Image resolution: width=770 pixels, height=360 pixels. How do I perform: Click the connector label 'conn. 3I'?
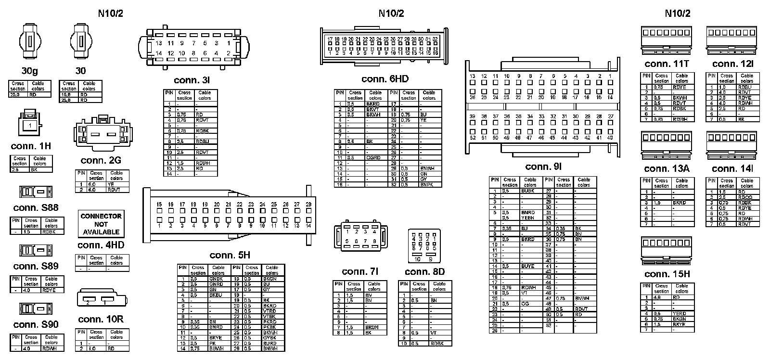click(192, 80)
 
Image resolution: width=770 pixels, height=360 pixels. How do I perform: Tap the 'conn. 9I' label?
click(543, 167)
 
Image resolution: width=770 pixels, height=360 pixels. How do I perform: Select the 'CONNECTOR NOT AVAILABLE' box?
click(101, 224)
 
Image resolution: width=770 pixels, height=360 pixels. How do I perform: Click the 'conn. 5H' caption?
click(230, 255)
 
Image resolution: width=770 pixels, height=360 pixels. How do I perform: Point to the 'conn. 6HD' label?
click(385, 79)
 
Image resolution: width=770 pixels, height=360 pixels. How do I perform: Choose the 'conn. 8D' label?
click(424, 271)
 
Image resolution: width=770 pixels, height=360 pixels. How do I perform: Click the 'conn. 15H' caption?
click(667, 274)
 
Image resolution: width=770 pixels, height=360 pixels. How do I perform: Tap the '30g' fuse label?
click(29, 71)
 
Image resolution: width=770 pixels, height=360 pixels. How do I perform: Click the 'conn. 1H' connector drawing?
click(30, 124)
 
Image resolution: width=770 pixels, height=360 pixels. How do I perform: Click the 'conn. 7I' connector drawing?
click(360, 236)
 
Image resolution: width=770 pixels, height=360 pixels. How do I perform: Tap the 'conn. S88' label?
click(36, 207)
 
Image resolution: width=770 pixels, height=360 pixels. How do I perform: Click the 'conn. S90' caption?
click(36, 324)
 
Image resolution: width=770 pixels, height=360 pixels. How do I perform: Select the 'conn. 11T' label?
click(667, 64)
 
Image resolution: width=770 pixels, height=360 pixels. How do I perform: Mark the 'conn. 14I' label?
click(732, 168)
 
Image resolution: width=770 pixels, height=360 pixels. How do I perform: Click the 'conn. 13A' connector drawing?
click(666, 145)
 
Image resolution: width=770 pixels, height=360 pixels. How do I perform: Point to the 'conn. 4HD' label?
click(101, 245)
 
